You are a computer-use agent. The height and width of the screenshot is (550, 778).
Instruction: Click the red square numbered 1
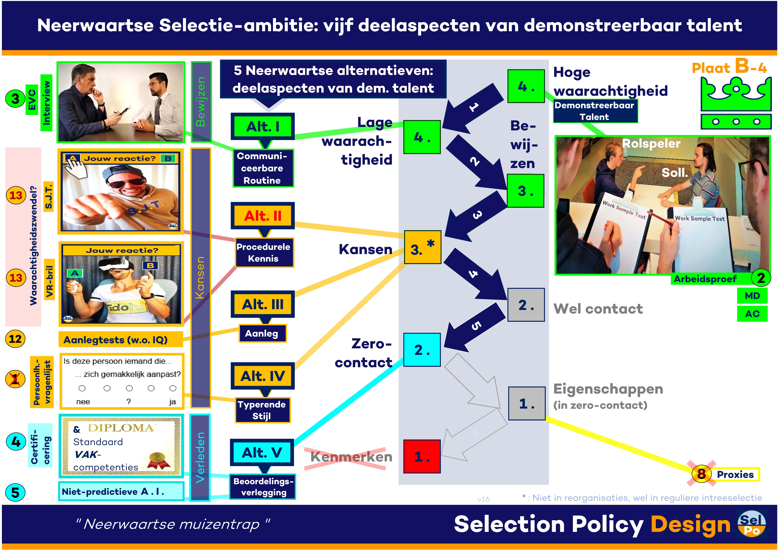[422, 456]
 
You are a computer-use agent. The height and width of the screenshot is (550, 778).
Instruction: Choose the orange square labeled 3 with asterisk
[423, 247]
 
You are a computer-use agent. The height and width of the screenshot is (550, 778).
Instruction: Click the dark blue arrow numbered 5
[474, 327]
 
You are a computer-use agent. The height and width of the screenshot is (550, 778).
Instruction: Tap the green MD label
[752, 296]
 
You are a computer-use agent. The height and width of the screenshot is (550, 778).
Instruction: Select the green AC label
[752, 314]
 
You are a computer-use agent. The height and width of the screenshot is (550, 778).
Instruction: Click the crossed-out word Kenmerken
[351, 457]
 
